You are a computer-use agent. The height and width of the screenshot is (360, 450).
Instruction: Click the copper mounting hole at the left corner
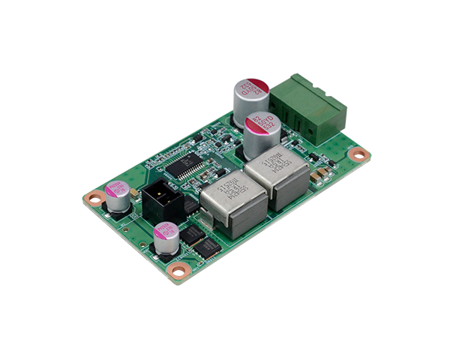click(93, 199)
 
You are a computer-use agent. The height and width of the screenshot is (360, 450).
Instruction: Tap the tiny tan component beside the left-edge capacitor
click(133, 194)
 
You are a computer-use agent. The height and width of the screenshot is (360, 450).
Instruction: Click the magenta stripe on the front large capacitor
click(259, 121)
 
